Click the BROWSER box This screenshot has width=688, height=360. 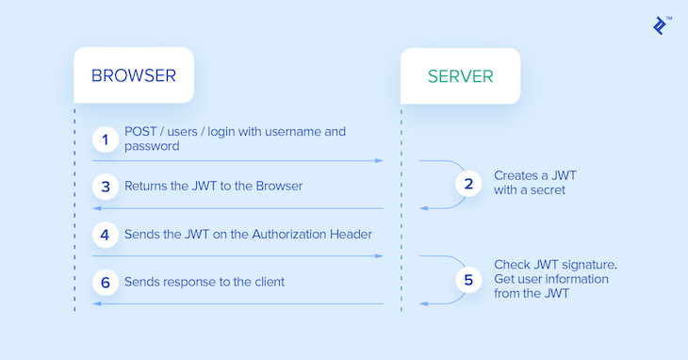coord(134,75)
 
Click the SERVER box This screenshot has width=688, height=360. coord(460,75)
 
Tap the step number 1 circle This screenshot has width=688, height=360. coord(106,139)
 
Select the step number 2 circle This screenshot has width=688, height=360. coord(468,184)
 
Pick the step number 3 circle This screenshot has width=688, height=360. coord(106,186)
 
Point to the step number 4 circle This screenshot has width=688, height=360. coord(106,234)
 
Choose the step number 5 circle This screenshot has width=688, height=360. coord(468,280)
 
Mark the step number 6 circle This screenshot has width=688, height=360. coord(106,281)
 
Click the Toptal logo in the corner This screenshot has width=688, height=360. coord(663,25)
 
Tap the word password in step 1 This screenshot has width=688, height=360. coord(152,147)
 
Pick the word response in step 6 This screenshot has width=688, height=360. coord(196,281)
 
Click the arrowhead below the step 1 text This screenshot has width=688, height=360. coord(380,161)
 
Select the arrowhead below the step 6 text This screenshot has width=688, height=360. coord(96,303)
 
